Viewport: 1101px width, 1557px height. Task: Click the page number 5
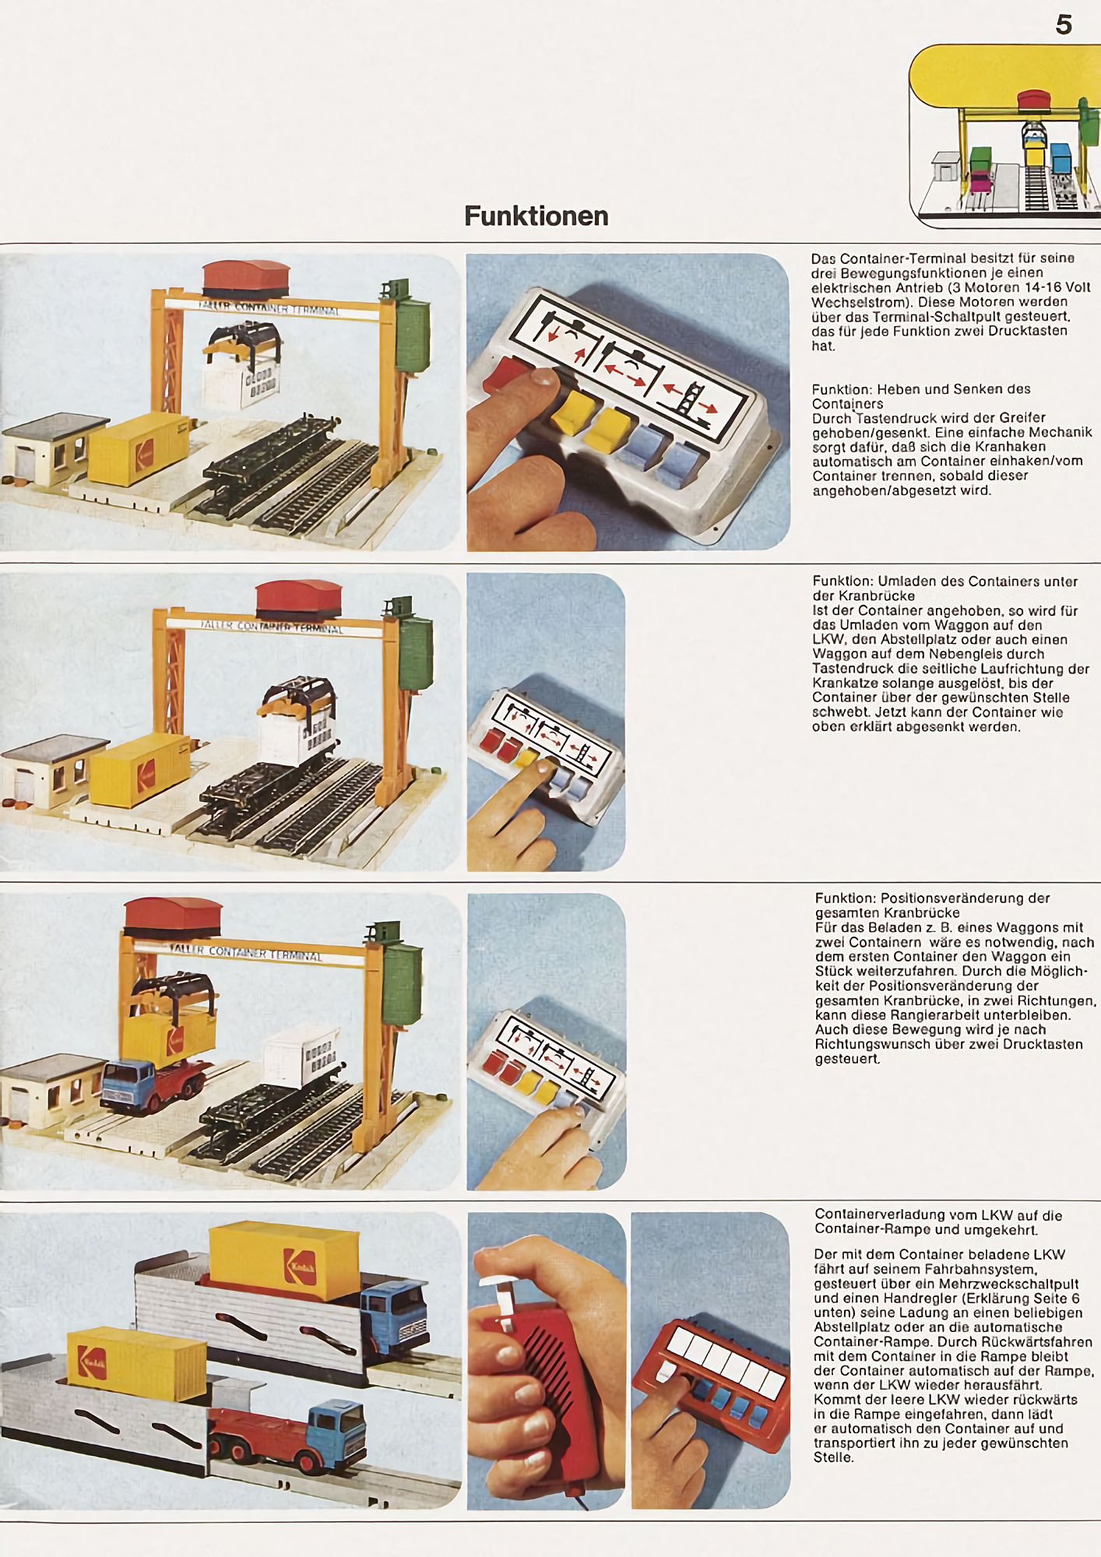pos(1064,25)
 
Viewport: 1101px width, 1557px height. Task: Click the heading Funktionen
pos(536,216)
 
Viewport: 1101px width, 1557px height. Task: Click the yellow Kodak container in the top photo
pos(139,448)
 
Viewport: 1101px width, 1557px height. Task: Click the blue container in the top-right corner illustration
pos(1061,157)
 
